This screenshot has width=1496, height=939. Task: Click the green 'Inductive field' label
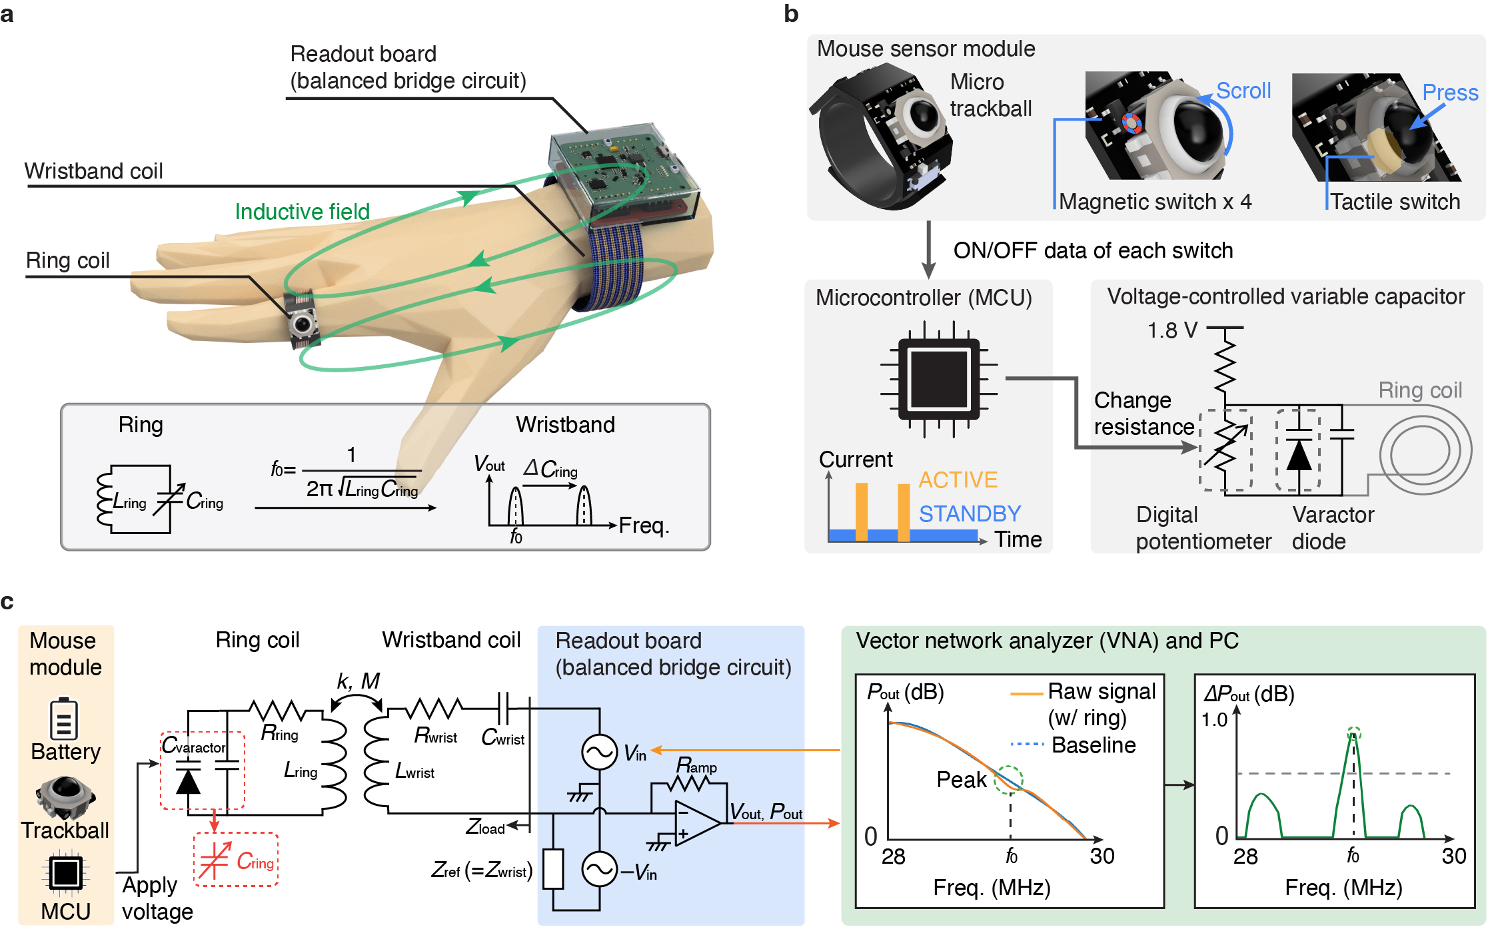pos(302,211)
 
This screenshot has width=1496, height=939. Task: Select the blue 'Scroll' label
pos(1243,91)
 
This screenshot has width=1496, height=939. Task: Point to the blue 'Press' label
pos(1449,93)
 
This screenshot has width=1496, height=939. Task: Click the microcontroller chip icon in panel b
pos(938,379)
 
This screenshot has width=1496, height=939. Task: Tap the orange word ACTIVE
pos(958,479)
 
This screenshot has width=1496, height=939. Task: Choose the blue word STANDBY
pos(970,513)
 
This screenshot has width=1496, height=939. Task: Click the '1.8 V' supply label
pos(1172,330)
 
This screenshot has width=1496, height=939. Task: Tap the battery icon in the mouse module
pos(64,719)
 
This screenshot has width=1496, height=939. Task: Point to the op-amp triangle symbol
pos(696,823)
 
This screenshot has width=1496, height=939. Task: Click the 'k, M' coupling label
pos(358,681)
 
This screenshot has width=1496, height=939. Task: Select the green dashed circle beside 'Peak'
pos(1008,779)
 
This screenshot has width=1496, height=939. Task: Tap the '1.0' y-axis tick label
pos(1213,719)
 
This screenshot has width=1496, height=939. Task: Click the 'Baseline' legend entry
pos(1093,745)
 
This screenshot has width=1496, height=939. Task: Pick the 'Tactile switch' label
pos(1395,201)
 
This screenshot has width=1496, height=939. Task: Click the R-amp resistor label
pos(696,766)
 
